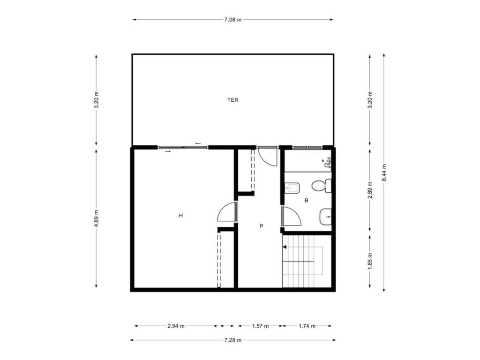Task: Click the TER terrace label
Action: (232, 100)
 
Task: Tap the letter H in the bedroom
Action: (181, 216)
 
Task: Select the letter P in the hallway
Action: (262, 226)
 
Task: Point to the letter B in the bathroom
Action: (306, 201)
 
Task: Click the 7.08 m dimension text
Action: (232, 20)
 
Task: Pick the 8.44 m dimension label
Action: (384, 172)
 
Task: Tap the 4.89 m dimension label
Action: (97, 218)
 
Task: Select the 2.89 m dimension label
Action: (370, 190)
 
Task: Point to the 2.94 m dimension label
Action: (176, 326)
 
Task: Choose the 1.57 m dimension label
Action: (260, 326)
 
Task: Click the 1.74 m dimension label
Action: (307, 326)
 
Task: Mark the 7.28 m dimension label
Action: (232, 340)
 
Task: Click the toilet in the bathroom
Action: (322, 186)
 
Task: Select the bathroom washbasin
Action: (325, 217)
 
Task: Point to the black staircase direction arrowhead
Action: (285, 247)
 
